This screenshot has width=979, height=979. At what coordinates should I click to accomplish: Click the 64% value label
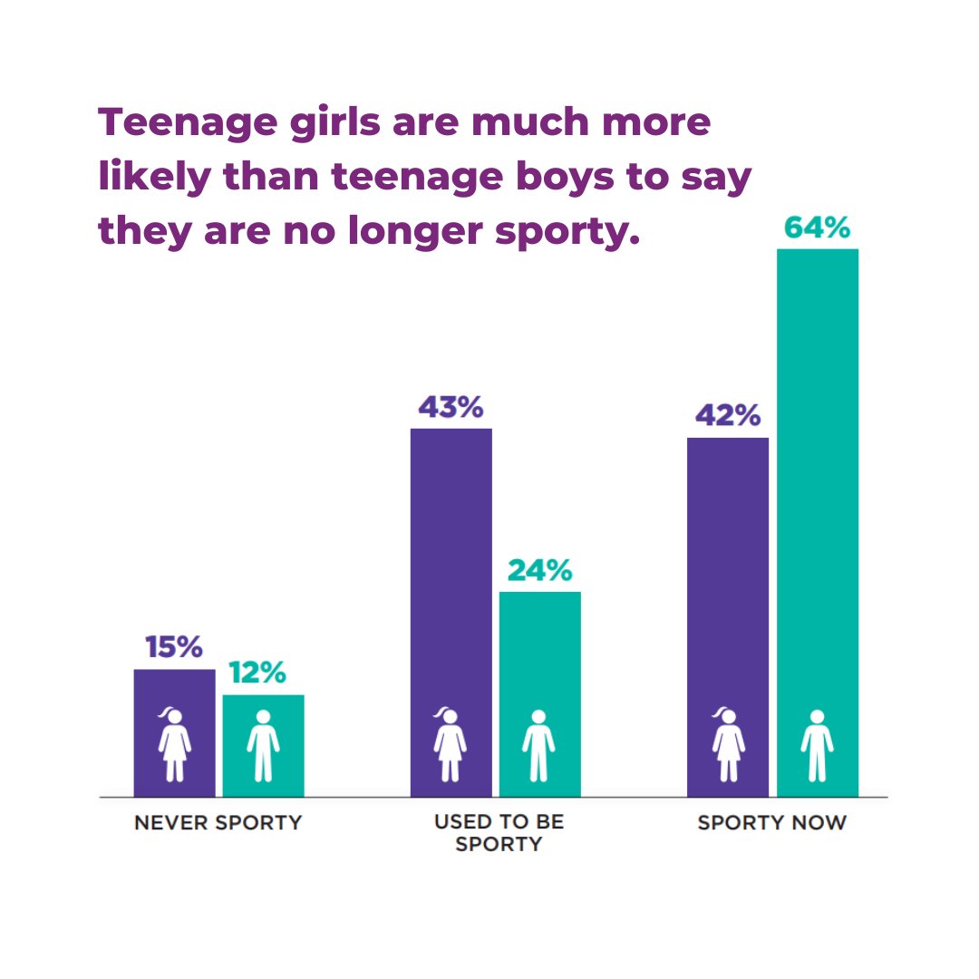coord(817,227)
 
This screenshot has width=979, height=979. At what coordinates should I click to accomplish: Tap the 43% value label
coord(451,407)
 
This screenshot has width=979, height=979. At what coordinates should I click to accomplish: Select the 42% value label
coord(727,416)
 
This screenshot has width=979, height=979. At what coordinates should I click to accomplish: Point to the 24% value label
coord(539,570)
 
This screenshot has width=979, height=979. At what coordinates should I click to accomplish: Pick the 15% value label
coord(174,647)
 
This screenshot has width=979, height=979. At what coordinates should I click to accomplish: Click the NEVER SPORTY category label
coord(218,823)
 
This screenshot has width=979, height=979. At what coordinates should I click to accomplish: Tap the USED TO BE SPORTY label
coord(499,833)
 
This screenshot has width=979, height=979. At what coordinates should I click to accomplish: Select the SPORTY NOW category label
coord(771,823)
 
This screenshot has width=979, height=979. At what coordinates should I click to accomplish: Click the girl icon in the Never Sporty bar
coord(174,744)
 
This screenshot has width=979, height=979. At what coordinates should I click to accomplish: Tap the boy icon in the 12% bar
coord(263,745)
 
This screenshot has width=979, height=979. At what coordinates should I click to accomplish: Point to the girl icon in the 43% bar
coord(450,744)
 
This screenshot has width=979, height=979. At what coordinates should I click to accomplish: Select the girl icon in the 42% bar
coord(727,744)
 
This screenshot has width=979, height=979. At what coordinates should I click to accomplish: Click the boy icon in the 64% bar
coord(817,745)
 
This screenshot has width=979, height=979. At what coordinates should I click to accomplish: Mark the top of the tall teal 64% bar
coord(817,251)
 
